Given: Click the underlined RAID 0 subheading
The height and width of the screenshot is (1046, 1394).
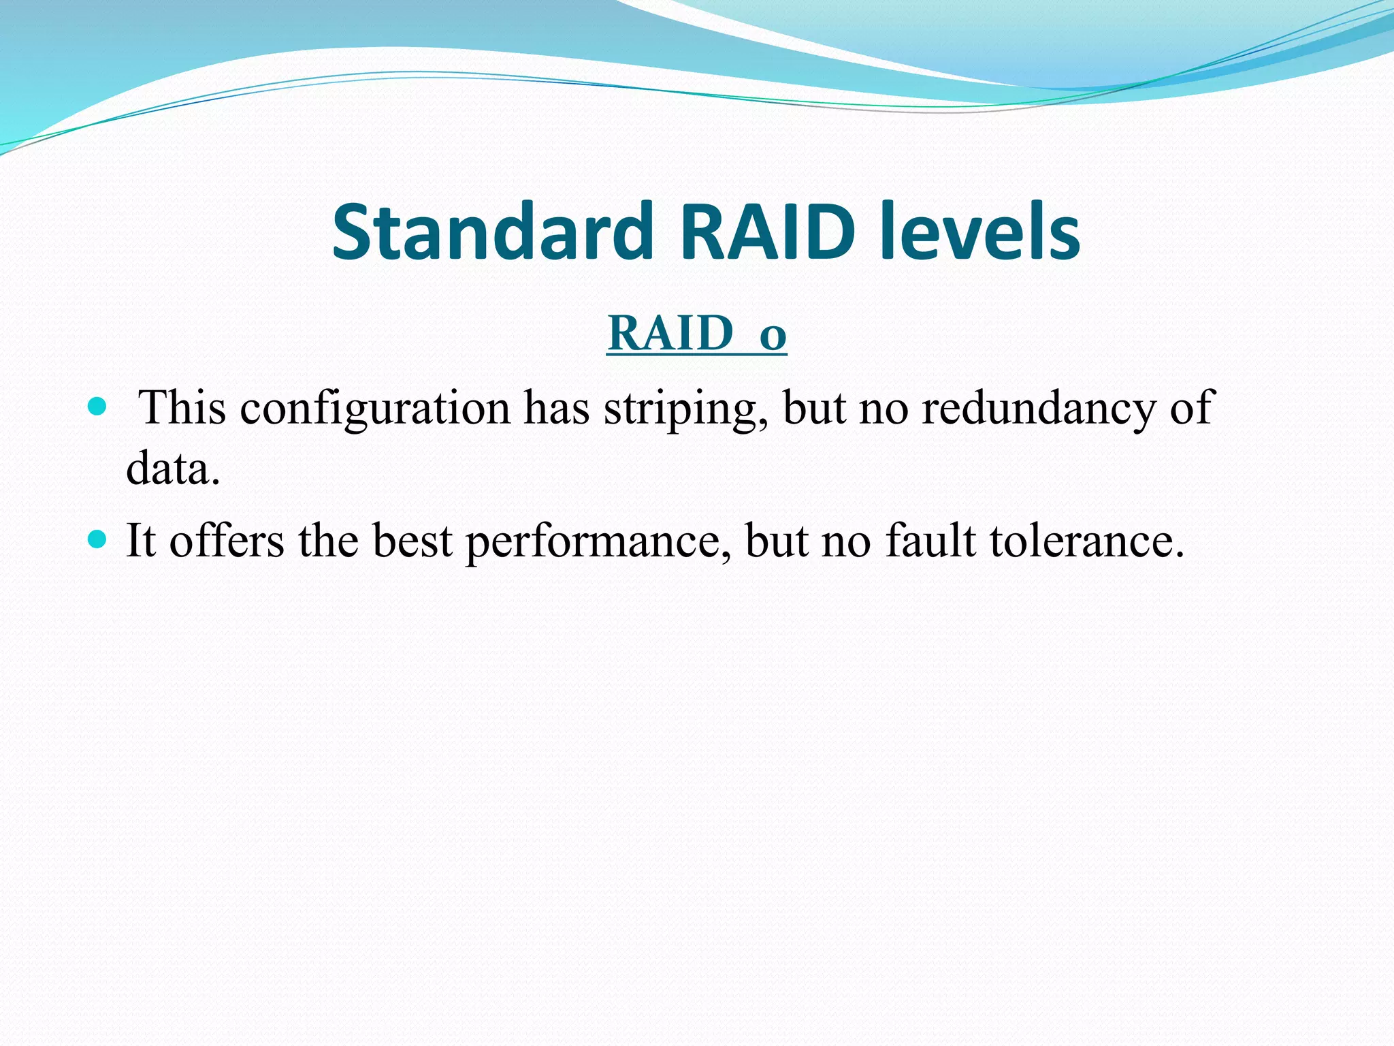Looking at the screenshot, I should click(696, 334).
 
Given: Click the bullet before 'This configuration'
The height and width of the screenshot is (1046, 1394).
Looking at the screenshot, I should click(98, 407).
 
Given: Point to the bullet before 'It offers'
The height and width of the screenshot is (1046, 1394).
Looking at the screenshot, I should click(98, 540).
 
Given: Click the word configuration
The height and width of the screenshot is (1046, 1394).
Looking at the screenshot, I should click(374, 409).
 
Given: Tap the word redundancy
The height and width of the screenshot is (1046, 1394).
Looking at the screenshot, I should click(1038, 409).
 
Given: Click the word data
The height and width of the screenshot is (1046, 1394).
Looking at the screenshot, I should click(172, 470).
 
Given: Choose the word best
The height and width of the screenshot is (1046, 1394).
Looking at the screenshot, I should click(412, 541).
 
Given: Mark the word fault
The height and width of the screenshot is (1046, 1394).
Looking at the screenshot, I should click(930, 541).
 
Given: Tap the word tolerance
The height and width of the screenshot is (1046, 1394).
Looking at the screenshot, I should click(1087, 541).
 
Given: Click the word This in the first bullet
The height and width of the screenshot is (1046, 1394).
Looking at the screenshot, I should click(182, 409).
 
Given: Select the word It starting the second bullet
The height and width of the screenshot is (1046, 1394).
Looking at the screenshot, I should click(141, 541).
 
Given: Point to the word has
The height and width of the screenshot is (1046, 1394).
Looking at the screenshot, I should click(556, 409).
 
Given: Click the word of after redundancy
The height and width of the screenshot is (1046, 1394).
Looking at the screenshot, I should click(1192, 409).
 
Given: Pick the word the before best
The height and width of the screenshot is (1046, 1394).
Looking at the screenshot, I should click(328, 541).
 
